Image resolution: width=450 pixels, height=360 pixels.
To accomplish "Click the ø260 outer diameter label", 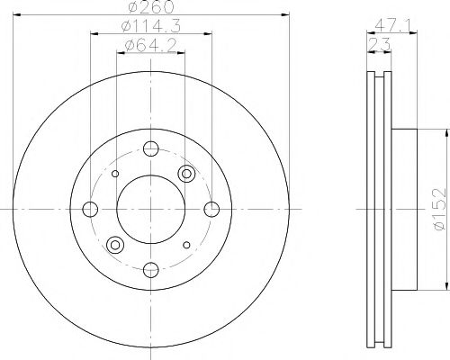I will point(150,8).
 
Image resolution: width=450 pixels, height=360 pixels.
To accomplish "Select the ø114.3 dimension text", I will point(150,28).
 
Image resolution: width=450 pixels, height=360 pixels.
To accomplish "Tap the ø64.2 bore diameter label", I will point(150,46).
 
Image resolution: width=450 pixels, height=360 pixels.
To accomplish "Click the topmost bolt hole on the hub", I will point(150,148).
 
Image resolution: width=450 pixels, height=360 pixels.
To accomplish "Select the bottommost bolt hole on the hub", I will point(150,269).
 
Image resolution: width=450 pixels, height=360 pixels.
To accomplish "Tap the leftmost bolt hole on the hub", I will point(90,209).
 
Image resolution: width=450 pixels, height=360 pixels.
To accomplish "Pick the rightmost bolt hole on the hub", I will point(211,209).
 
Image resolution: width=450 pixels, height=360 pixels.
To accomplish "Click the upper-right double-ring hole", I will point(186,174).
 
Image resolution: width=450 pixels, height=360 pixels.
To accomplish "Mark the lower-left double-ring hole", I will point(114,244).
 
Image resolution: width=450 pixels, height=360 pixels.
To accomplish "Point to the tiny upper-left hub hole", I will point(115,174).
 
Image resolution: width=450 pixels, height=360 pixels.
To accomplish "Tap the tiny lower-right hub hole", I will point(185,244).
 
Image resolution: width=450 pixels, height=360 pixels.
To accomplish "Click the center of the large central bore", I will point(150,209).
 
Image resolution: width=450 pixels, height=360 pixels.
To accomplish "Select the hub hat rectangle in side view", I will point(403,209).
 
